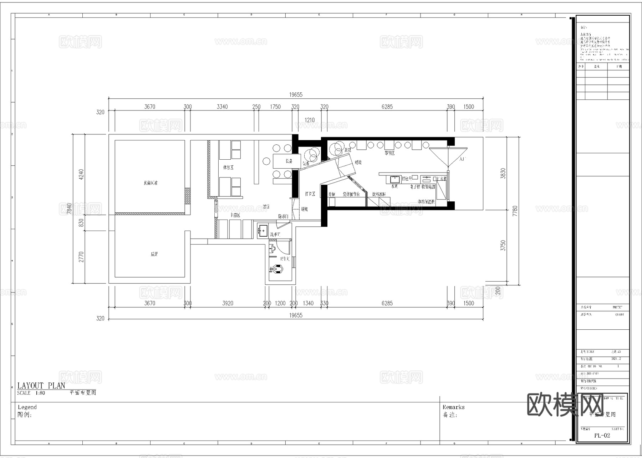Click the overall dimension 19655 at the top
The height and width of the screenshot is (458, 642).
(296, 94)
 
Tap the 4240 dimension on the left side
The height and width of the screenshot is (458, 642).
(81, 174)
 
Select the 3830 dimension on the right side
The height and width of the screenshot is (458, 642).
(503, 173)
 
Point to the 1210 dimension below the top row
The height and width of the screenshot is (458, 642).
(309, 120)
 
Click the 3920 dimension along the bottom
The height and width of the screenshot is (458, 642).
(228, 303)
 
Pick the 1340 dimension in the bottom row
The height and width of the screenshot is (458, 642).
(308, 303)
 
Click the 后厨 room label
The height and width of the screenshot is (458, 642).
(154, 254)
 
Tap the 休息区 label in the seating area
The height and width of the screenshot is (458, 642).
(228, 167)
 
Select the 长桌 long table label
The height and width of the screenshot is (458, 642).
(289, 161)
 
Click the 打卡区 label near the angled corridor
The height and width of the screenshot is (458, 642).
(310, 194)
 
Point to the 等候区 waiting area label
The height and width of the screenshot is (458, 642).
(389, 153)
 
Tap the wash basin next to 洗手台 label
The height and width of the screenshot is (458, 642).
(263, 231)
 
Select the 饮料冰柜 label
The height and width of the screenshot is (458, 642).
(379, 194)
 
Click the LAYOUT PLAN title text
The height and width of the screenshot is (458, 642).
(41, 385)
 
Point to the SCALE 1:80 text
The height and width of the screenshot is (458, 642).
(31, 393)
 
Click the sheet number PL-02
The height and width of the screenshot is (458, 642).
(602, 435)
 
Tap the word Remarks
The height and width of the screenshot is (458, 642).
(453, 407)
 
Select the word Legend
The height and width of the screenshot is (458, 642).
(27, 407)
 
